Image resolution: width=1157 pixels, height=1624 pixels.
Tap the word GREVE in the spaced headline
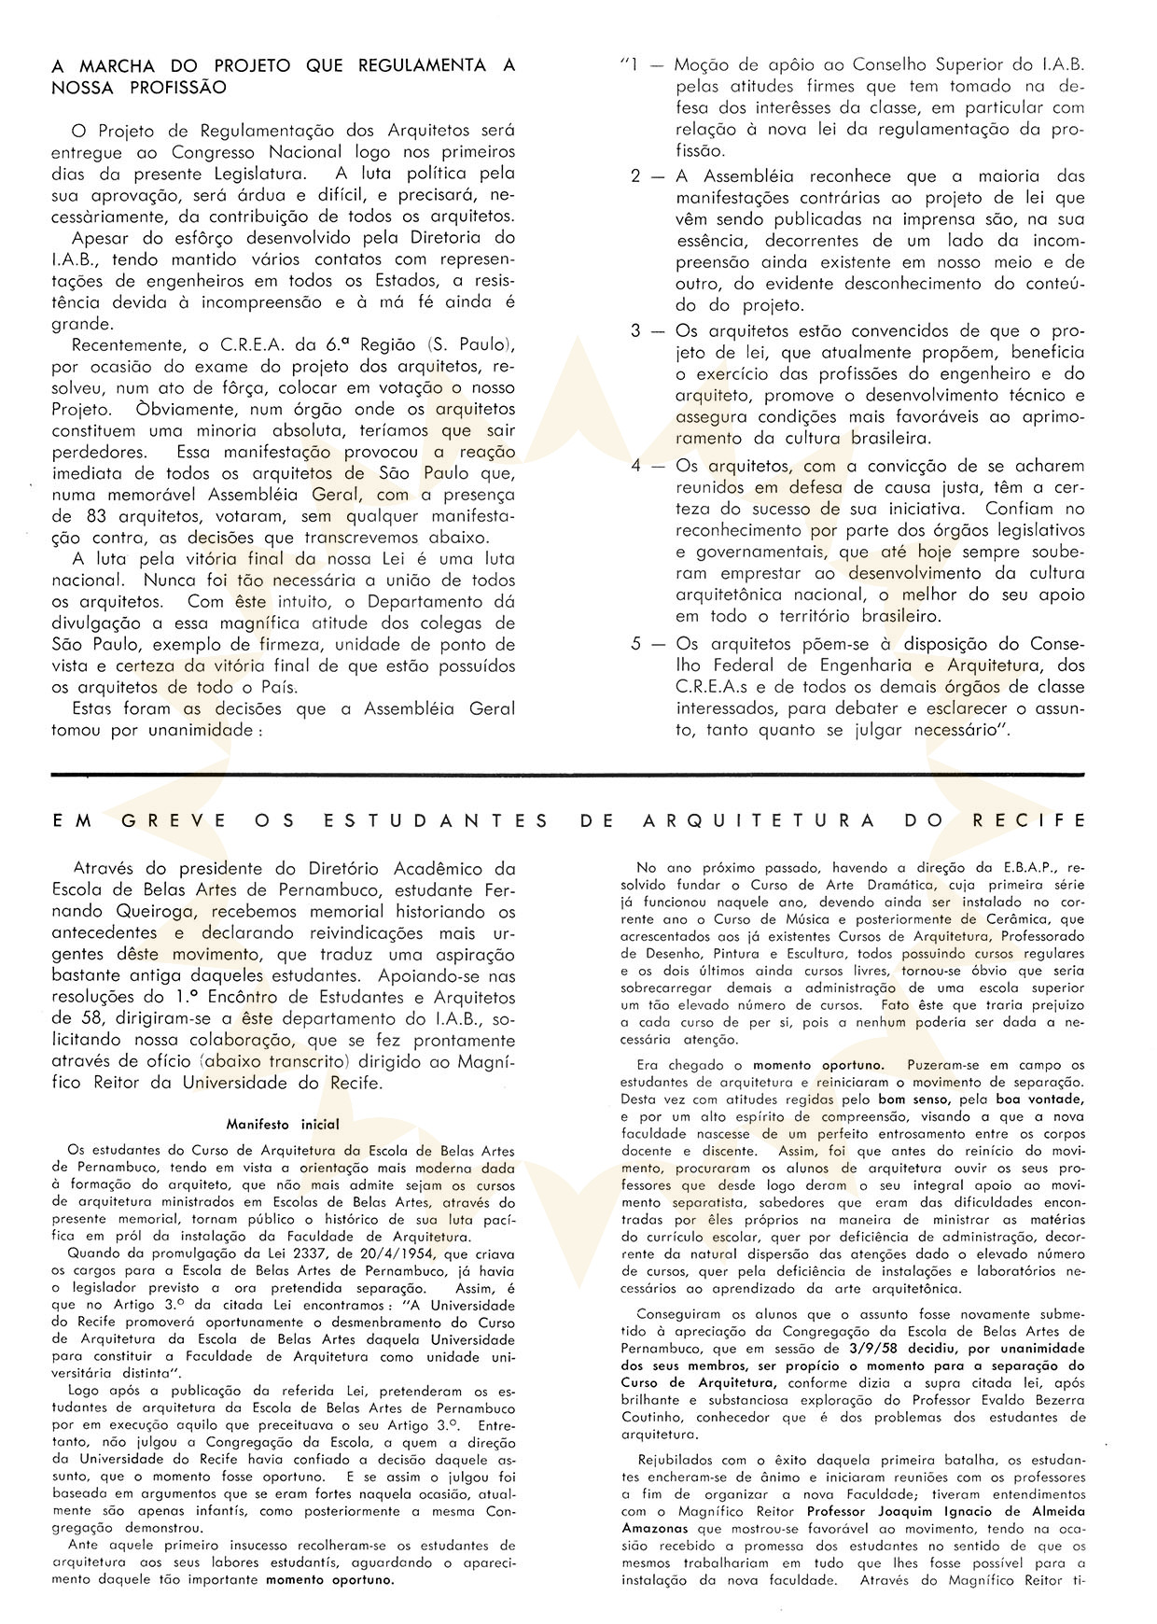[174, 820]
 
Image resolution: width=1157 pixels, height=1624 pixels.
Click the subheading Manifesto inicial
[283, 1125]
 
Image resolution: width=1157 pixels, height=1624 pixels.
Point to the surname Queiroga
[159, 912]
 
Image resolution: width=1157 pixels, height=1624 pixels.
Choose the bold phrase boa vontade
[1045, 1099]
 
